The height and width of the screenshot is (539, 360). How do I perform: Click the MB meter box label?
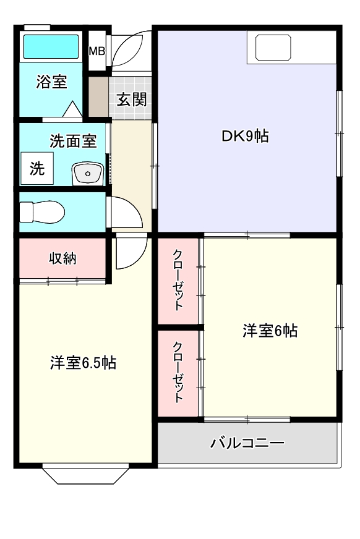point(96,51)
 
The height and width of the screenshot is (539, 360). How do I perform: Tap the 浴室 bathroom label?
point(51,82)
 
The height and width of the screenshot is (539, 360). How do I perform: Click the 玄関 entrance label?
point(132,99)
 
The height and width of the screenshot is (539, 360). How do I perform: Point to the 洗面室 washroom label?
point(73,141)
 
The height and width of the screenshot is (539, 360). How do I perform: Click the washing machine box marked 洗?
point(37,169)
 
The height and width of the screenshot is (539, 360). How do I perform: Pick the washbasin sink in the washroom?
point(88,174)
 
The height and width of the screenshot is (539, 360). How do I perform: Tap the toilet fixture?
point(42,212)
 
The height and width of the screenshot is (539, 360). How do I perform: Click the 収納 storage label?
point(62,258)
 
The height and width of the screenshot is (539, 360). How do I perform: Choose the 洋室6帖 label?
point(270,331)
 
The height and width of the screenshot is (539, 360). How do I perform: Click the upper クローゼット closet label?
point(178,280)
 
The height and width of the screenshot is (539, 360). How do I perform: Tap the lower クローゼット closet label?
point(178,372)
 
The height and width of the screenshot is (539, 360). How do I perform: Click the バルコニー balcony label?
point(247,443)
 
